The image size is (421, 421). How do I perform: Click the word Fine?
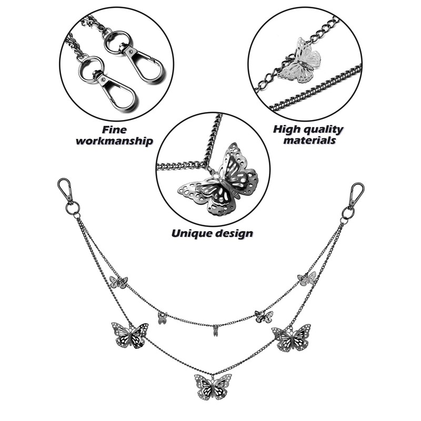pyautogui.click(x=115, y=129)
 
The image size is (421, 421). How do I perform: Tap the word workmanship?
pyautogui.click(x=115, y=141)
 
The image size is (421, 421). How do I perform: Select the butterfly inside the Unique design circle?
pyautogui.click(x=218, y=179)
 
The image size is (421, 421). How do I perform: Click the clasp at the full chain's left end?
pyautogui.click(x=66, y=190)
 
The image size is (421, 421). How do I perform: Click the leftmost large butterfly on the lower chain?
pyautogui.click(x=129, y=335)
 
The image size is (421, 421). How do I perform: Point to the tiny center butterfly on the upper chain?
pyautogui.click(x=215, y=332)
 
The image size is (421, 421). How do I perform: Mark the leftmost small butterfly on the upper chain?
pyautogui.click(x=118, y=283)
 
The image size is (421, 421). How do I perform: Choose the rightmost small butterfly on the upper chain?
pyautogui.click(x=307, y=278)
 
